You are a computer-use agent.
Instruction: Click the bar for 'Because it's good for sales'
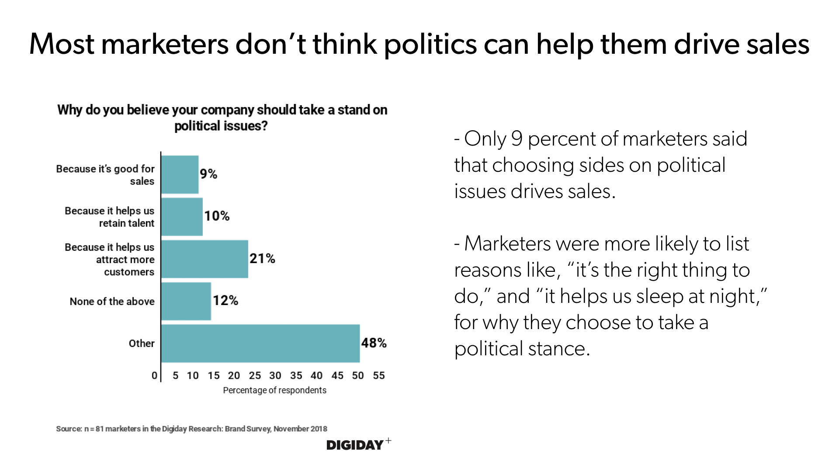point(180,174)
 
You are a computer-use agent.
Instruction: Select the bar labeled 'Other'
point(260,343)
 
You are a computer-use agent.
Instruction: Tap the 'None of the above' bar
point(186,301)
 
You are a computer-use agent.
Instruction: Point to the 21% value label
point(262,259)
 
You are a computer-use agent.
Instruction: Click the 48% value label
point(374,343)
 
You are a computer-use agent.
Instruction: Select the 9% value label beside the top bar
point(208,174)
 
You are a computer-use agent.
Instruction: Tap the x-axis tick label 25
point(255,375)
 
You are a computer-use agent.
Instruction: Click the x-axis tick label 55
point(379,375)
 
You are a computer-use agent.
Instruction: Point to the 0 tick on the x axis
point(154,375)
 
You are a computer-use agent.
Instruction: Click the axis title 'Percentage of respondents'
point(274,390)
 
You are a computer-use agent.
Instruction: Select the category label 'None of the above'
point(112,302)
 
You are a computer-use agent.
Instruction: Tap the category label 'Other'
point(142,344)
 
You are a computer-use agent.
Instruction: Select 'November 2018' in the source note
point(300,429)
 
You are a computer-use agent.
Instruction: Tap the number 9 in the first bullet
point(517,139)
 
